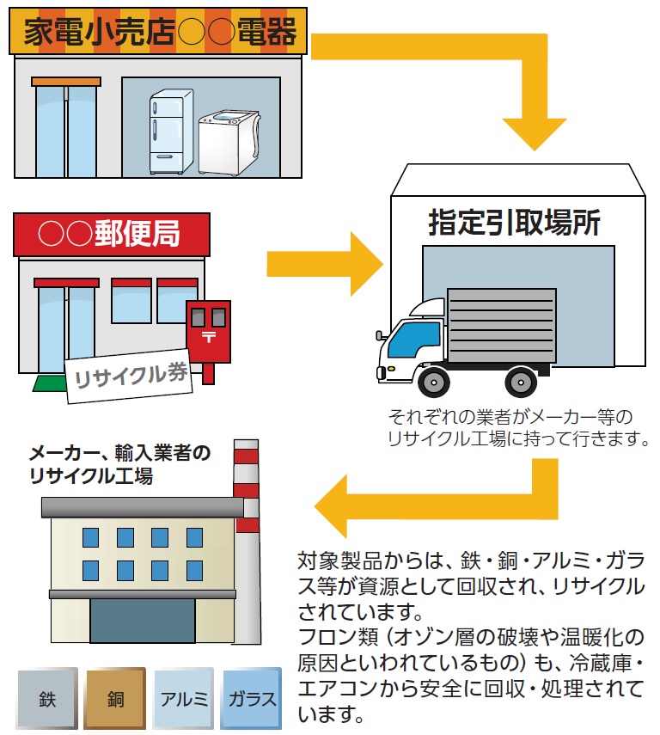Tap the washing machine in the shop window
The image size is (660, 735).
229,142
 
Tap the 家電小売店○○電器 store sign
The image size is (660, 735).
159,34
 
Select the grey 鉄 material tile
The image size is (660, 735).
47,698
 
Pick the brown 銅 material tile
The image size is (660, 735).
115,698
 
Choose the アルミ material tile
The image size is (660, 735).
183,698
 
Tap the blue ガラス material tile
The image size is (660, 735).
251,698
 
